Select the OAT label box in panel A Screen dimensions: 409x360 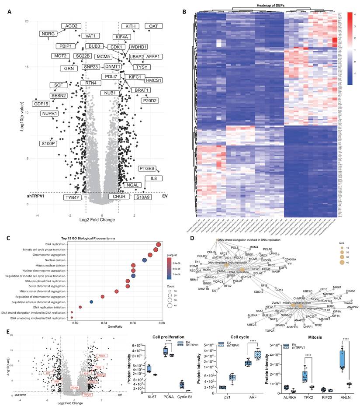coord(153,27)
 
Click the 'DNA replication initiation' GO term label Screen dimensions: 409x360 coord(52,307)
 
